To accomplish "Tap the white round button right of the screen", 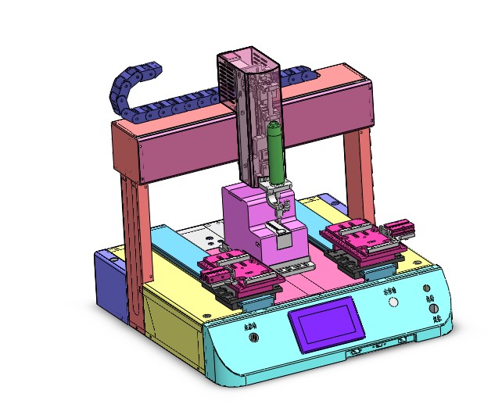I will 393,302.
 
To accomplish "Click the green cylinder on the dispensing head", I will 275,152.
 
